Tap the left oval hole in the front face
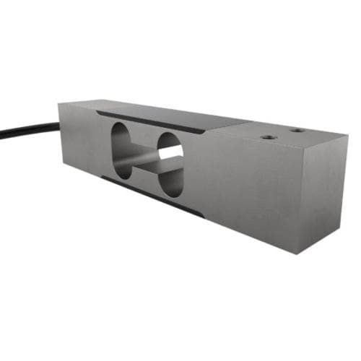click(122, 151)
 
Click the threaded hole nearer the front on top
click(269, 136)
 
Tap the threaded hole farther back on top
click(296, 131)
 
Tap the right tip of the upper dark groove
click(204, 132)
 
